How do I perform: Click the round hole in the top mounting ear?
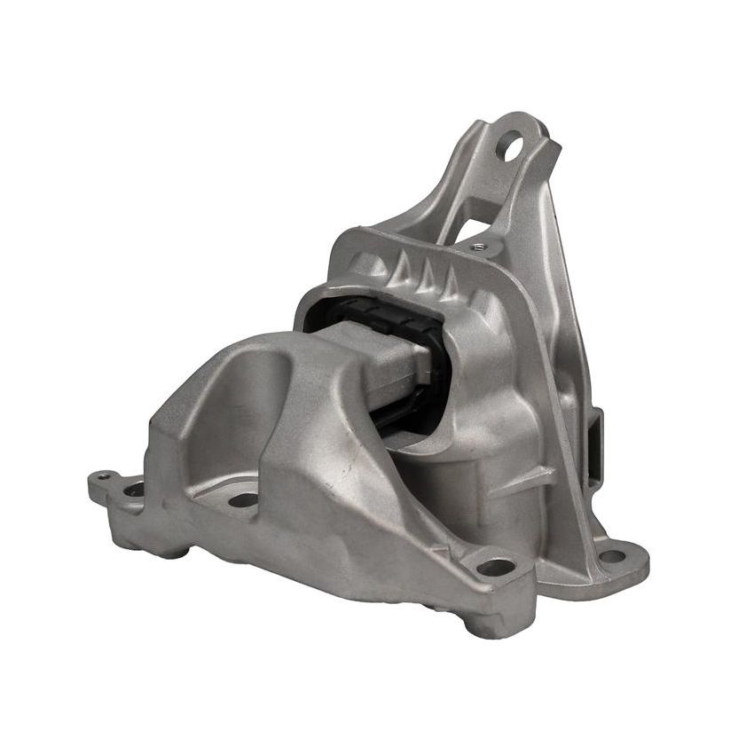click(514, 145)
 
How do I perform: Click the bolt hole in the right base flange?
click(611, 557)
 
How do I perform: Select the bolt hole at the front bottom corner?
click(496, 566)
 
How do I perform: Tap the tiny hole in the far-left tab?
click(105, 477)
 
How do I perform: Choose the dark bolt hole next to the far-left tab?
click(134, 488)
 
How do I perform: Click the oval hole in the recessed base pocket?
click(242, 500)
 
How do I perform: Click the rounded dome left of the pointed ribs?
click(359, 256)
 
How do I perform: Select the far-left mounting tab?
click(111, 484)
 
